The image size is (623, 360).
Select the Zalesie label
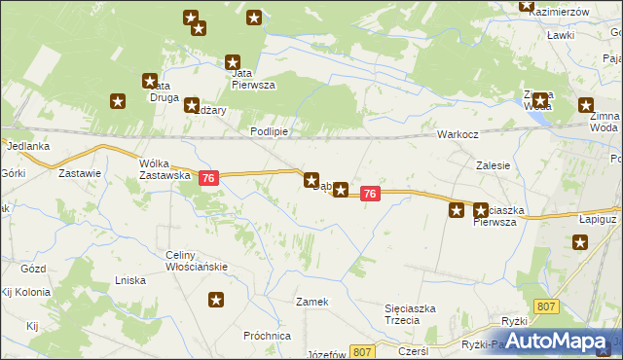tap(494, 165)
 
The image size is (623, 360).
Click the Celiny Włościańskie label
tap(196, 261)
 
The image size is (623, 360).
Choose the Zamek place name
tap(312, 302)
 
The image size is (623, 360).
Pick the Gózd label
tap(33, 267)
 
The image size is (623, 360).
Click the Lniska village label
tap(129, 280)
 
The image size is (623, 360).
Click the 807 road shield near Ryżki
tap(545, 306)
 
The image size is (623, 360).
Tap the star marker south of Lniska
tap(216, 301)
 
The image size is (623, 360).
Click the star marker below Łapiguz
tap(580, 242)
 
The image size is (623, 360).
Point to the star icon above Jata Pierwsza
tap(234, 60)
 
